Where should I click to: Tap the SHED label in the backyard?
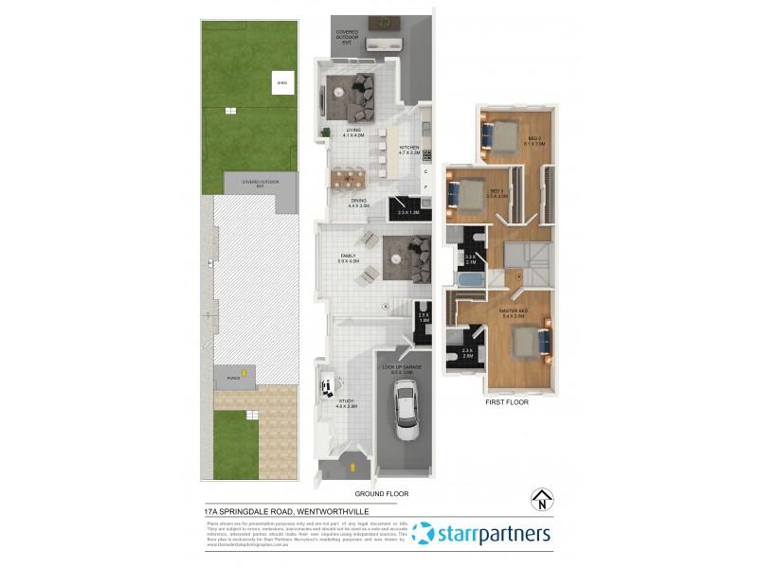281,83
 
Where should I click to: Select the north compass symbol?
541,499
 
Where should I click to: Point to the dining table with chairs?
351,176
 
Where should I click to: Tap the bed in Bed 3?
471,193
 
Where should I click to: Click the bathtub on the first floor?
468,282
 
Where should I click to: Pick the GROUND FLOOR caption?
381,494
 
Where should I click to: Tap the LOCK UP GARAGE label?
401,366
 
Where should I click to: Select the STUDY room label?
347,400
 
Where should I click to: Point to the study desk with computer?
329,386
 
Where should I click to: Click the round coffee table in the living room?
339,91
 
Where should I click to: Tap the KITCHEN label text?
409,148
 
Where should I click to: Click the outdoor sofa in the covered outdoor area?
385,44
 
